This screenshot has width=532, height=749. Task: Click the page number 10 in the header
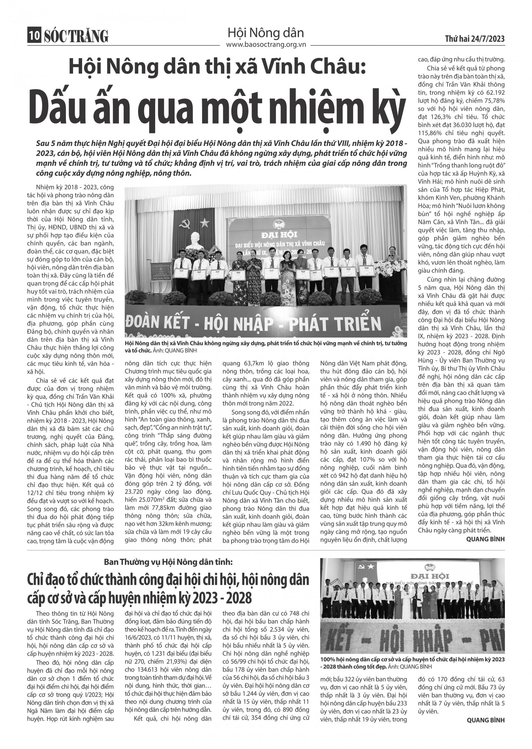click(x=34, y=36)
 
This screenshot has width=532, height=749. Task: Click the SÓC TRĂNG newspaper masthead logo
click(x=76, y=36)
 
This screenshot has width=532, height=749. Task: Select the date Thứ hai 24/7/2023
click(x=475, y=39)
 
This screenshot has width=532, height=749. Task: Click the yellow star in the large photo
click(x=205, y=223)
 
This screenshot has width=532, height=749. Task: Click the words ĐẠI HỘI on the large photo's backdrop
click(x=283, y=235)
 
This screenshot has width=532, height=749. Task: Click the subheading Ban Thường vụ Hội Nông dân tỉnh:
click(x=168, y=562)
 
